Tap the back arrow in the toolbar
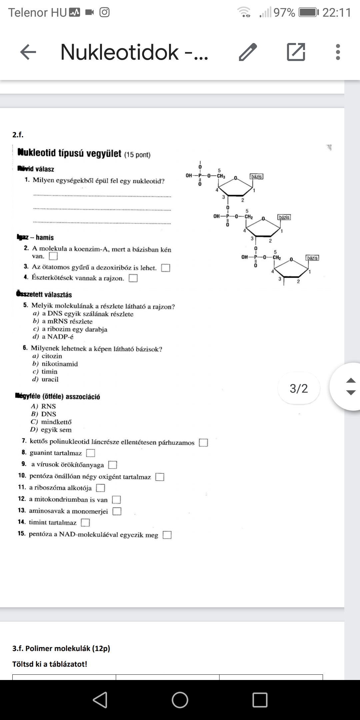[x=28, y=52]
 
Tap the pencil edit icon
[x=248, y=52]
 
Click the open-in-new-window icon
[x=296, y=52]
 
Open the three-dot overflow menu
[x=338, y=52]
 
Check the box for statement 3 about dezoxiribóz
[x=166, y=268]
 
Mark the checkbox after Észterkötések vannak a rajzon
[x=133, y=278]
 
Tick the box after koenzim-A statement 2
[x=53, y=256]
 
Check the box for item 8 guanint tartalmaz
[x=91, y=453]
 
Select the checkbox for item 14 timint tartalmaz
[x=86, y=522]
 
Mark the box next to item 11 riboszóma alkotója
[x=101, y=488]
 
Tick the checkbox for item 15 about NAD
[x=167, y=535]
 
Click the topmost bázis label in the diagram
[x=257, y=176]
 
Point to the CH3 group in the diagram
[x=221, y=176]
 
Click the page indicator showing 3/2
[x=299, y=389]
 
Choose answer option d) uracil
[x=50, y=379]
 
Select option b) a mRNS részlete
[x=67, y=322]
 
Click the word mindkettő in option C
[x=56, y=422]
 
